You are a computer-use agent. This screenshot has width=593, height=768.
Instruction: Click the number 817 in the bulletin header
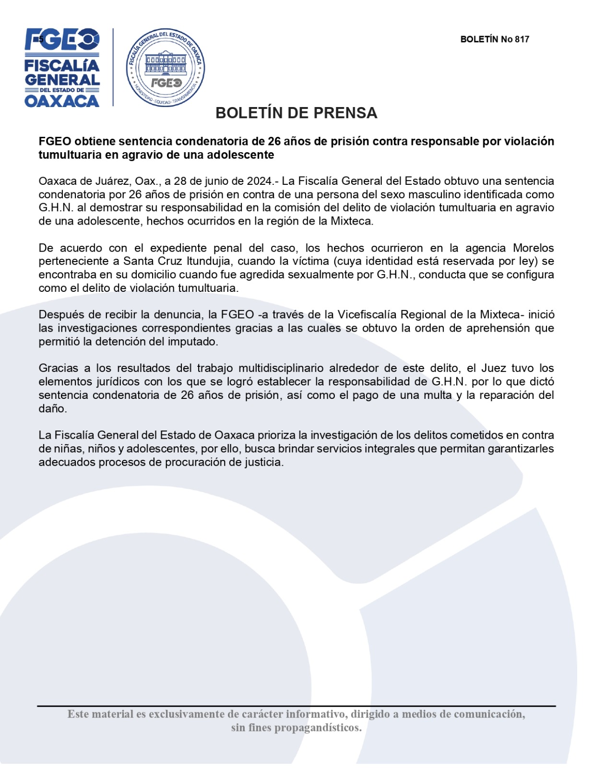[x=522, y=39]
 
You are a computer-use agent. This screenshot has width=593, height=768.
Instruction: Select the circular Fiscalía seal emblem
[x=166, y=67]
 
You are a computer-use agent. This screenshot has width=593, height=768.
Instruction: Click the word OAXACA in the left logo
[x=62, y=101]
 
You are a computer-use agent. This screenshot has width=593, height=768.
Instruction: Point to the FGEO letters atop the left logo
[x=62, y=39]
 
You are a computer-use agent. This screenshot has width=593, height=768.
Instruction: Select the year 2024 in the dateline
[x=260, y=181]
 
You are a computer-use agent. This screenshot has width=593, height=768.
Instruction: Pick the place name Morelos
[x=533, y=248]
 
